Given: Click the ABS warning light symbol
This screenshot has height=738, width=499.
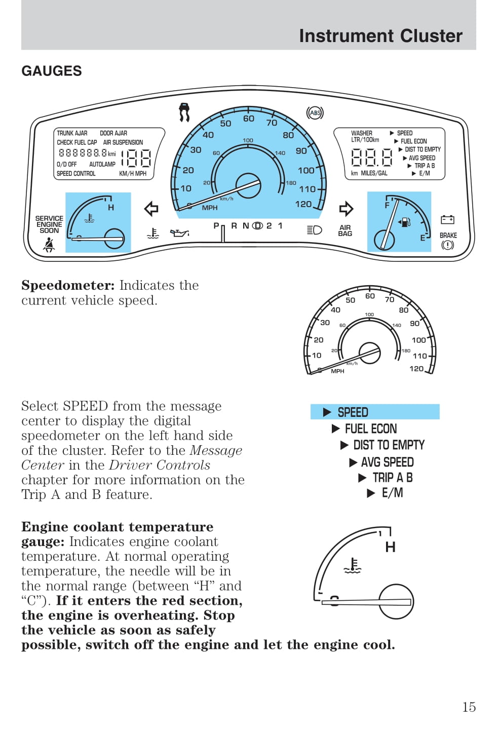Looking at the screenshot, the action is point(315,113).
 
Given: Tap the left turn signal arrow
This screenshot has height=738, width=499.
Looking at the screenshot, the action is point(151,209).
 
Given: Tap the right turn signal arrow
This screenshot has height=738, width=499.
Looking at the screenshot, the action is point(346,209).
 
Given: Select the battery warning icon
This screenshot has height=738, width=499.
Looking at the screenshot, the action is point(447,219).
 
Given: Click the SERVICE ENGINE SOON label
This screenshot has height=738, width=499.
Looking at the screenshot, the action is point(49,224).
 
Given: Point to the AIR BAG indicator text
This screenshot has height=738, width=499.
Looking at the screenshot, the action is point(345,230).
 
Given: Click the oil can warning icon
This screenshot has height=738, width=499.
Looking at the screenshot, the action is point(179,232).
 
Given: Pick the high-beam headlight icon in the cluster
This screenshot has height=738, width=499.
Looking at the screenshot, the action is point(314,230).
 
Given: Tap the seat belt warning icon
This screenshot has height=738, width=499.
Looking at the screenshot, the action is point(49,245).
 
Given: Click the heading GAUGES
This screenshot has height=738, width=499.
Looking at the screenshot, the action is point(51,71).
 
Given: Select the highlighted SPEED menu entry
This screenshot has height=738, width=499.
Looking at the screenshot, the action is point(375,412).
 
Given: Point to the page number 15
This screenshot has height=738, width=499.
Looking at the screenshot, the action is point(469,707).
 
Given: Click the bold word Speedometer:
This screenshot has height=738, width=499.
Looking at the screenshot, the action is point(68,285).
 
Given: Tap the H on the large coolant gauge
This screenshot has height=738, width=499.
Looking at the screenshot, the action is point(390,547).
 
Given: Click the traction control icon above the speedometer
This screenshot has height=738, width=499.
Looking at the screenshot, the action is point(184,112).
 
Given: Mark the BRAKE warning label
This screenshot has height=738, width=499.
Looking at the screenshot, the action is point(448,235).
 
